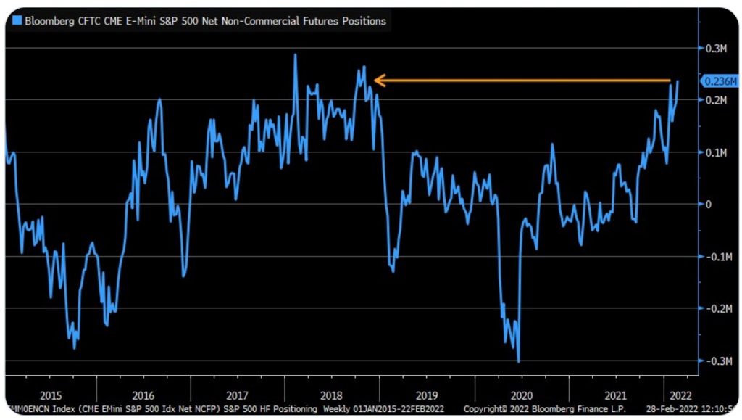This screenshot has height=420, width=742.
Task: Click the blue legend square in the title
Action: coord(17,21)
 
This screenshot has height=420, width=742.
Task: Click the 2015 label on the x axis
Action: coord(51,395)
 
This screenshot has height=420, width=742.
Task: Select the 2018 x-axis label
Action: coord(333,395)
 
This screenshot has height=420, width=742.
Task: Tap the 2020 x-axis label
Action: coord(521,395)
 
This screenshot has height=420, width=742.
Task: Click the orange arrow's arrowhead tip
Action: coord(374,80)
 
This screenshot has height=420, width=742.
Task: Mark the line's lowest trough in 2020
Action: coord(518,361)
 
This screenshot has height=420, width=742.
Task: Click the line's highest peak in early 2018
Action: coord(295,54)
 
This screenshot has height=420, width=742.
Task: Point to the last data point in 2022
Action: coord(678,81)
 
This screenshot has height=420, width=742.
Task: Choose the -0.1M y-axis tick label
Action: coord(717,257)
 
